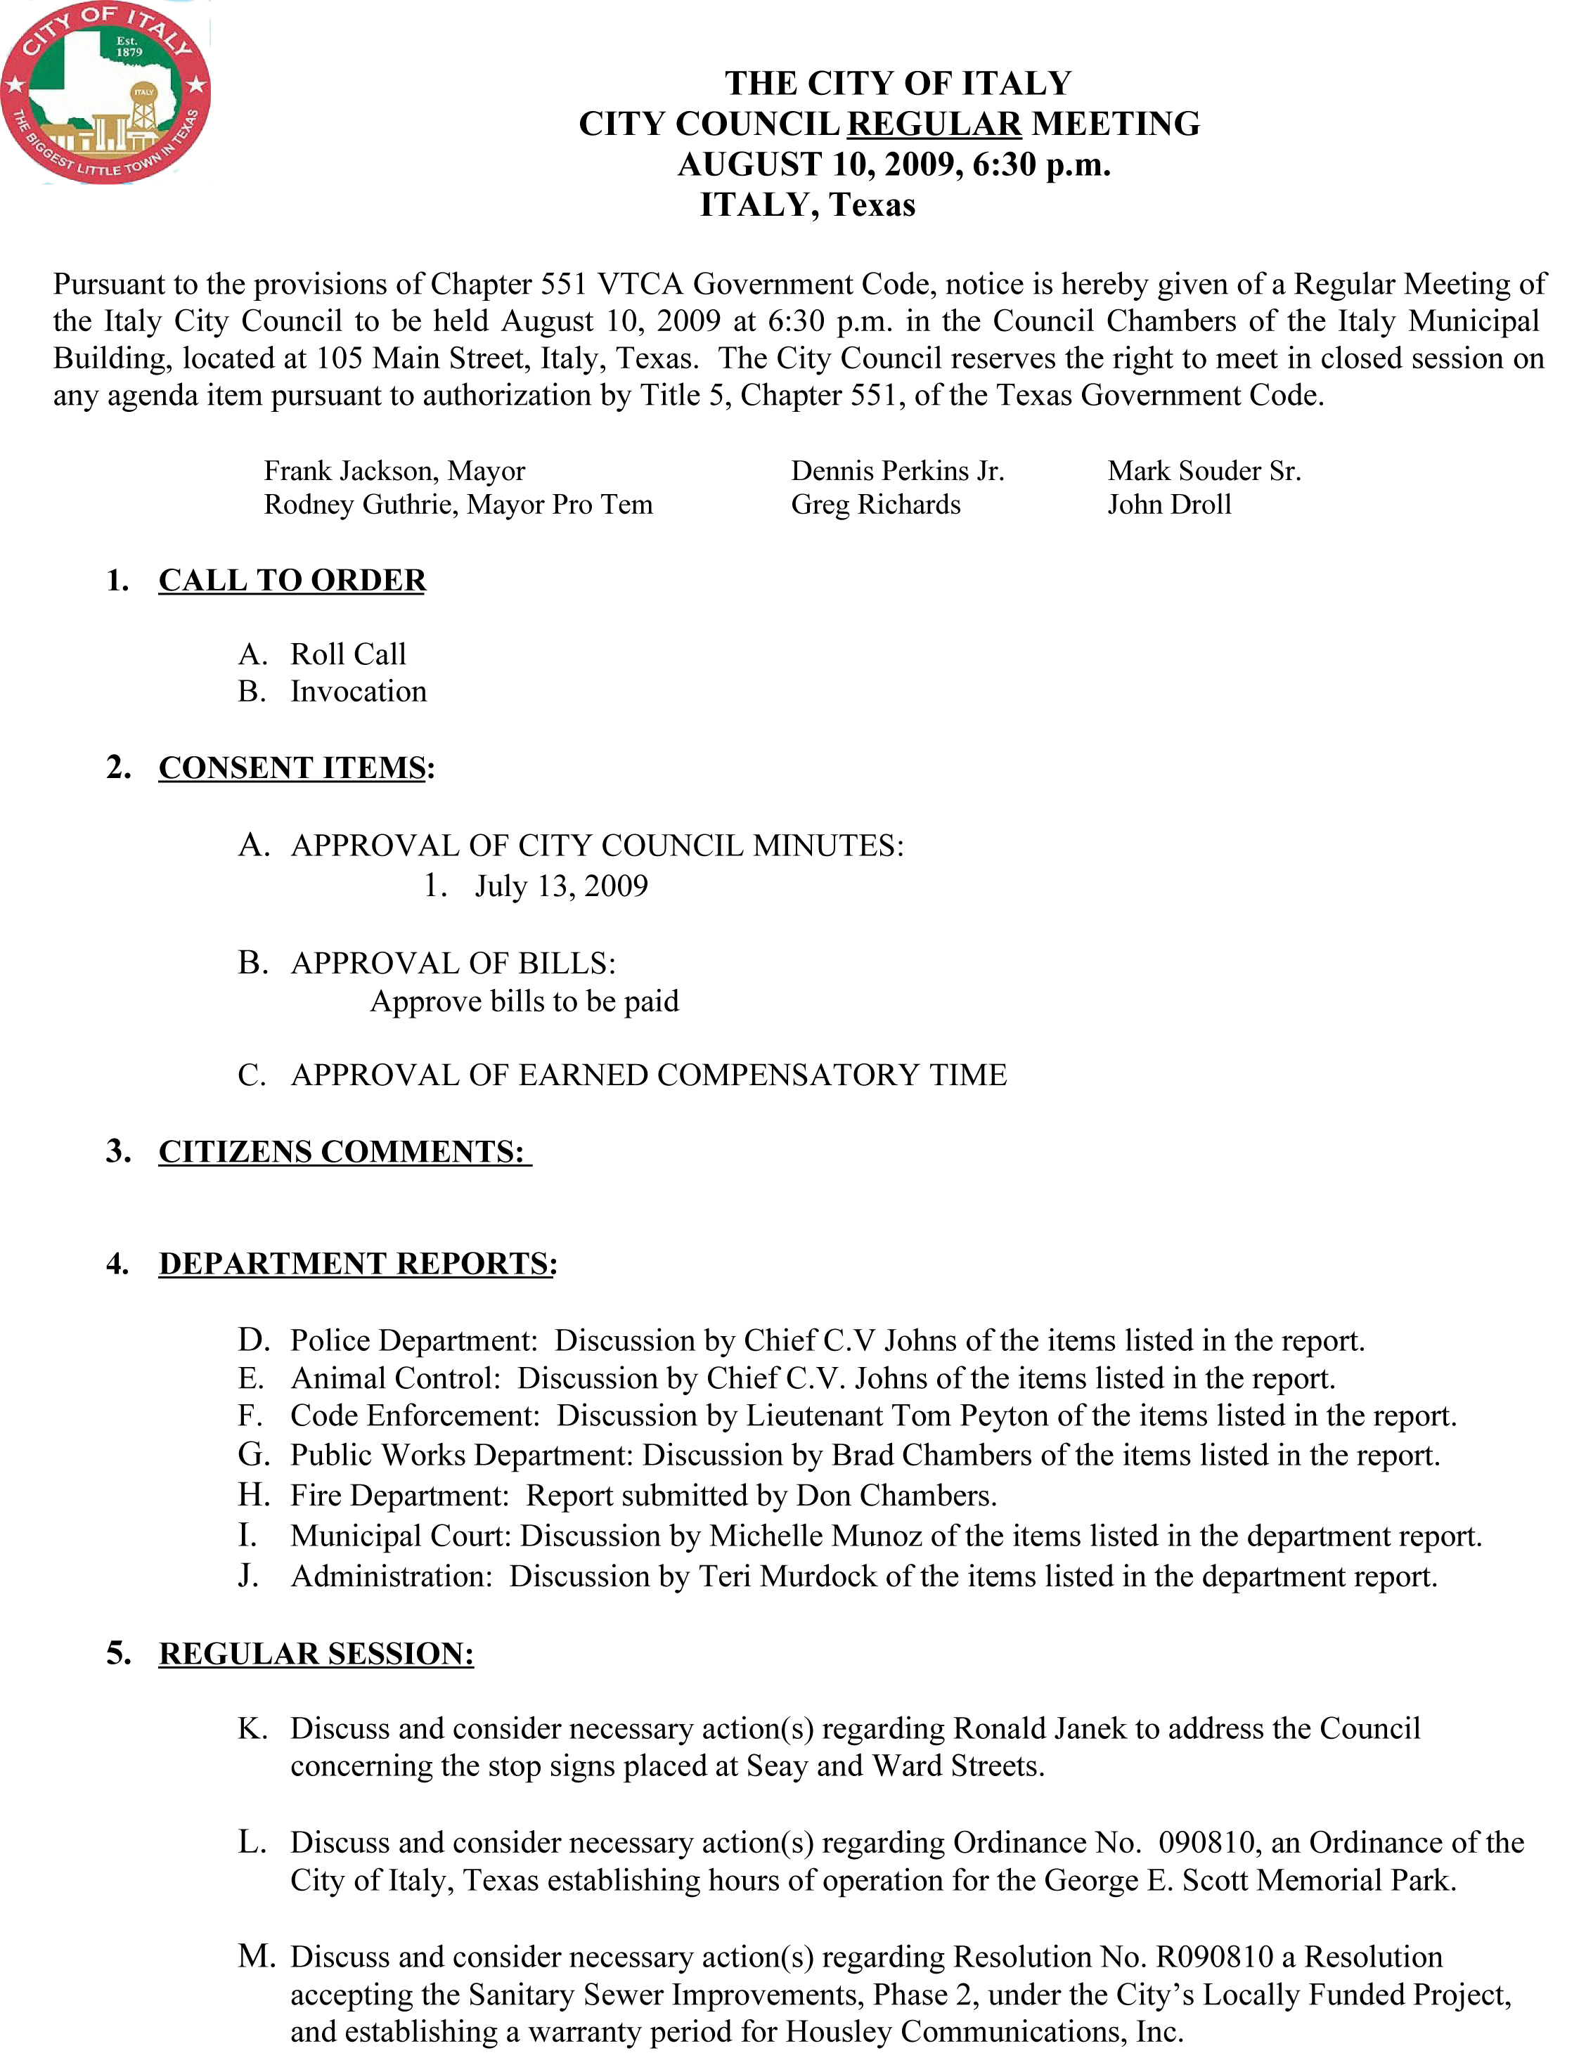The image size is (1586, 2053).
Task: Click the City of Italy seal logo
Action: pyautogui.click(x=105, y=92)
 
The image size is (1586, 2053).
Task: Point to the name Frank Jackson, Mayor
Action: pyautogui.click(x=394, y=470)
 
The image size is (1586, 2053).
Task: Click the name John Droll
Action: pyautogui.click(x=1168, y=505)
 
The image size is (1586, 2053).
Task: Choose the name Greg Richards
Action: pyautogui.click(x=875, y=505)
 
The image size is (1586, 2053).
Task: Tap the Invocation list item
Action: pyautogui.click(x=359, y=691)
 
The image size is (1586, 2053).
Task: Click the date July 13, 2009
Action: pyautogui.click(x=561, y=886)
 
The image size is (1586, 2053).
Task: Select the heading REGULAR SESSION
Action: pyautogui.click(x=316, y=1654)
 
